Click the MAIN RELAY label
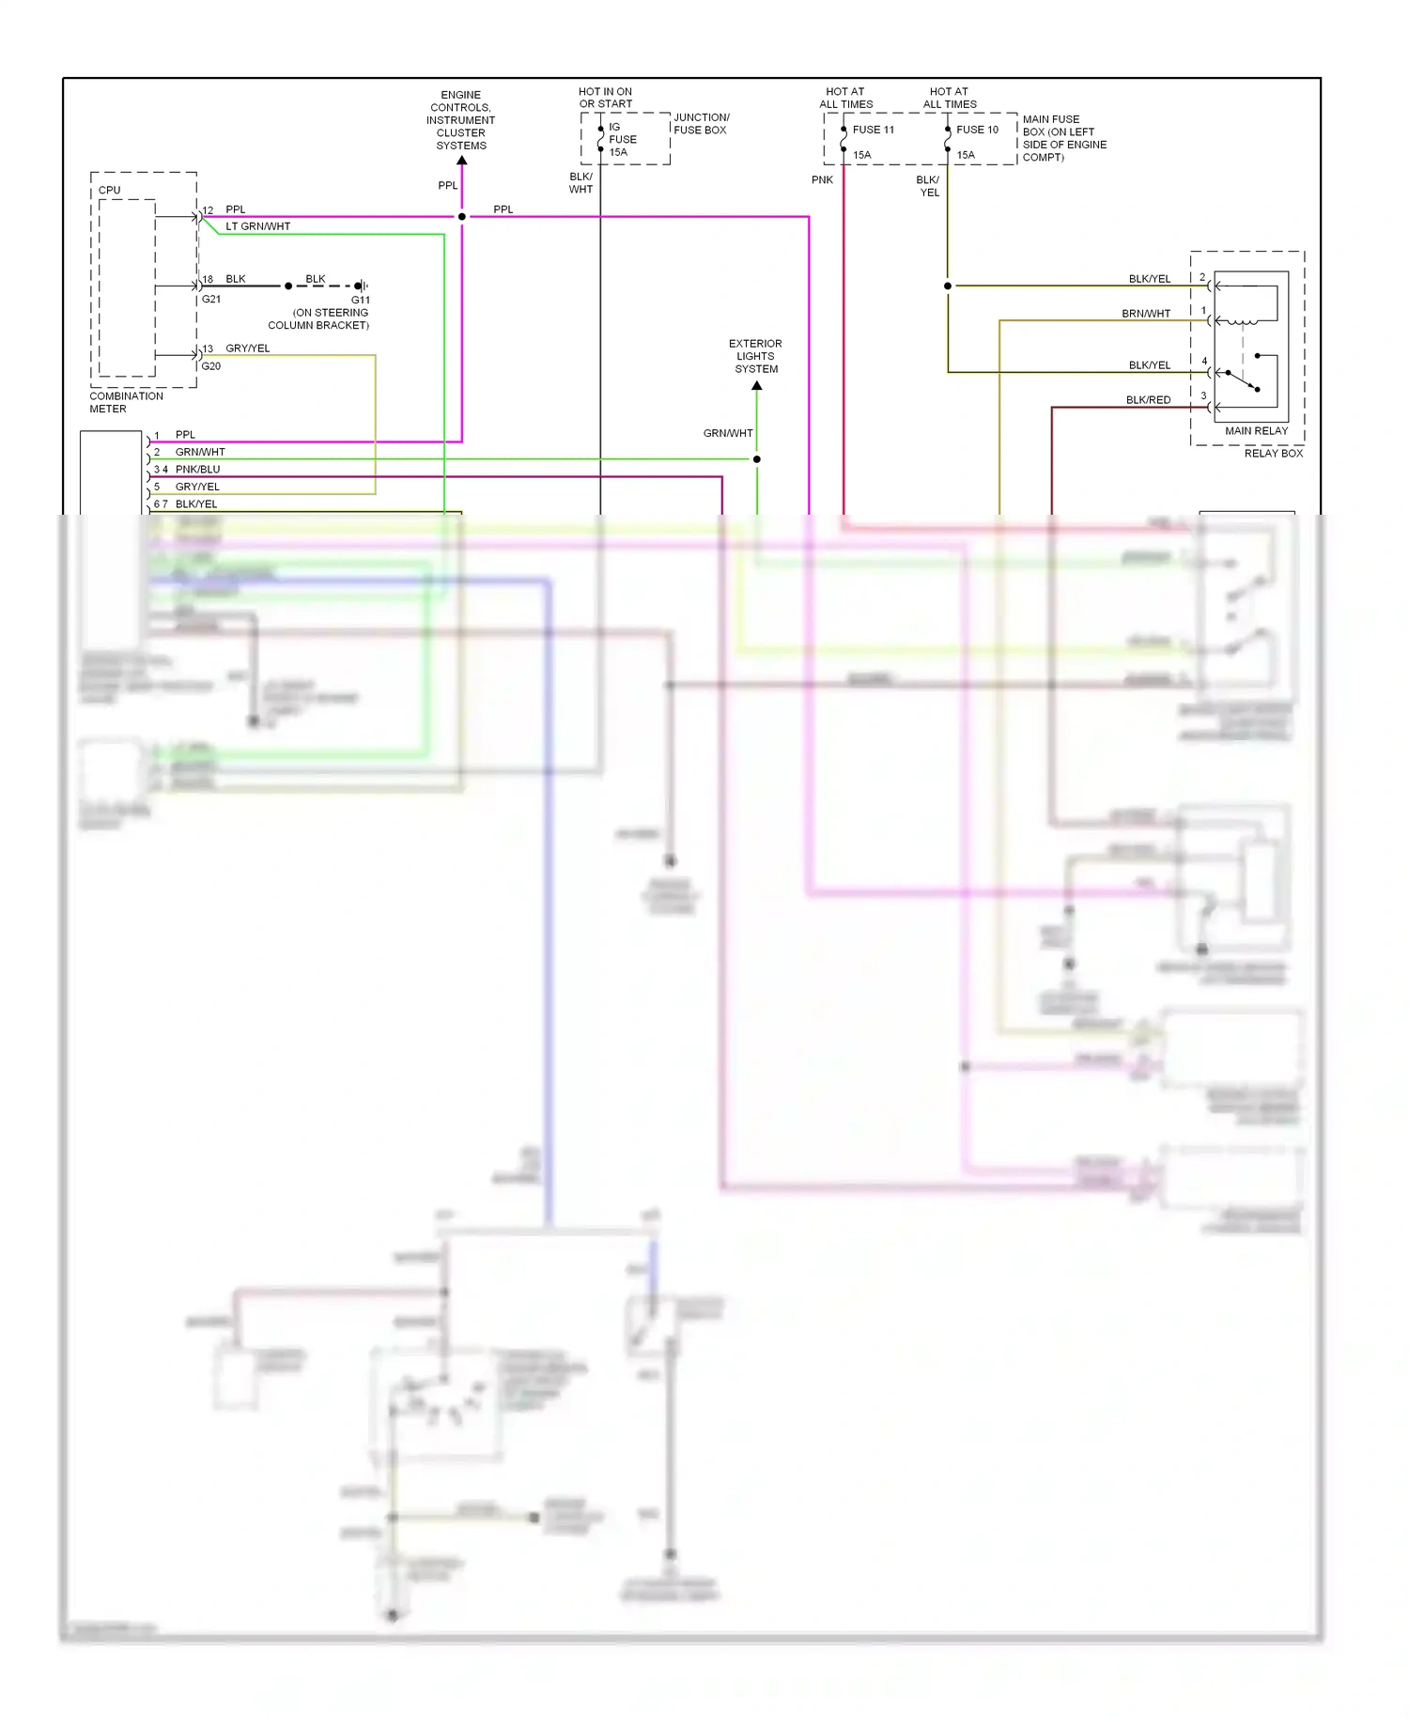coord(1256,431)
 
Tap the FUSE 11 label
coord(873,130)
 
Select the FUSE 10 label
coord(977,130)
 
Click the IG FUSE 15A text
coord(622,139)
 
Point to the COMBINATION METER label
coord(126,402)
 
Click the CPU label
coord(109,190)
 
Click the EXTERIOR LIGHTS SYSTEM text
coord(755,356)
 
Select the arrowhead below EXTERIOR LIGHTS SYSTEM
coord(757,385)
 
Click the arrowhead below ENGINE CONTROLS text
coord(461,161)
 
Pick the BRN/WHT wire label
coord(1145,314)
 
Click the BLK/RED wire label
coord(1148,400)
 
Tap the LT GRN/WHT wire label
coord(257,226)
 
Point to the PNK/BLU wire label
coord(197,470)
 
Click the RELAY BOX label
coord(1273,454)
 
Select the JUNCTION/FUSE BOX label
coord(701,124)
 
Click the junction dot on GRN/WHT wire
coord(757,459)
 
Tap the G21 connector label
coord(211,300)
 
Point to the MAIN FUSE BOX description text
coord(1063,138)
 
